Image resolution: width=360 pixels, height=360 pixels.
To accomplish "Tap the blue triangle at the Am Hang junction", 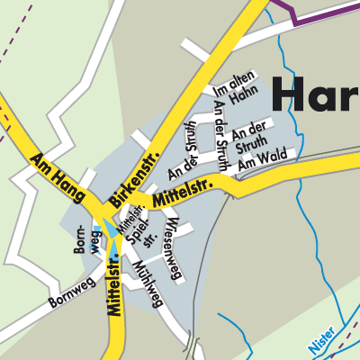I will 112,226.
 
